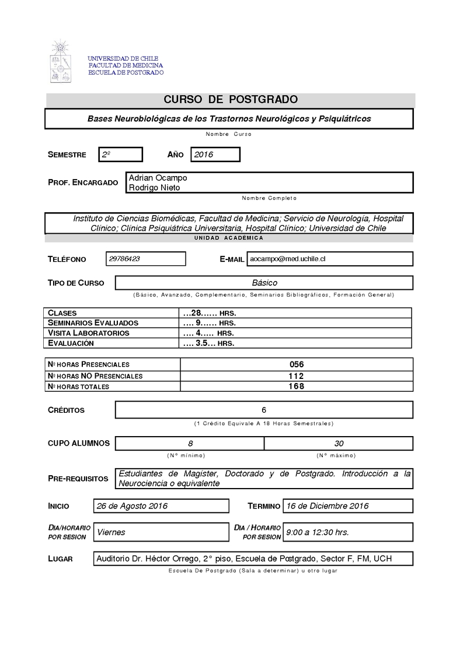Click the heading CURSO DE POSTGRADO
coord(231,100)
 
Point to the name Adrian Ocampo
coord(158,177)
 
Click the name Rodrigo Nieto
coord(154,187)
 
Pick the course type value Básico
coord(264,283)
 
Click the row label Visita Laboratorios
coord(89,333)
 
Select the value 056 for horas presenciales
coord(297,364)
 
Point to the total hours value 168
coord(297,386)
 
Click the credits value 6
coord(264,410)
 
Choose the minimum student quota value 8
coord(190,443)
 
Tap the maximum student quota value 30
coord(339,443)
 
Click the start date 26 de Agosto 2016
coord(133,505)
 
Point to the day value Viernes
coord(111,532)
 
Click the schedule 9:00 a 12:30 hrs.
coord(317,532)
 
